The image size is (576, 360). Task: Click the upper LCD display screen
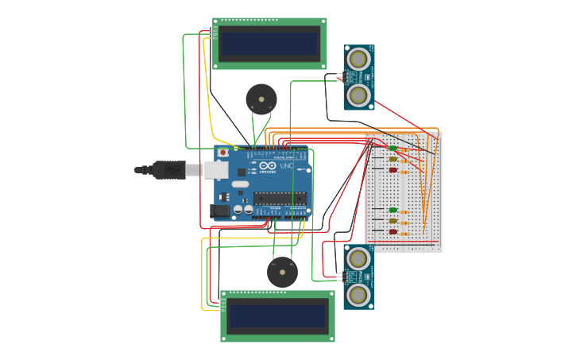pos(269,44)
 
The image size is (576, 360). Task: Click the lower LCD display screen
pos(277,317)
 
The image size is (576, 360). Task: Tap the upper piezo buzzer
pos(261,99)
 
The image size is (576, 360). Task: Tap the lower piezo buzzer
pos(282,272)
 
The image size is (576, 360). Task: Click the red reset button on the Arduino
pos(222,153)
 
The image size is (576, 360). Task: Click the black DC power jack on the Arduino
pos(220,211)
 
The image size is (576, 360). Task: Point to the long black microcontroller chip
pos(280,198)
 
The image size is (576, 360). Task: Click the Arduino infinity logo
pos(268,165)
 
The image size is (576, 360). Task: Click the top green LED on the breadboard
pos(392,148)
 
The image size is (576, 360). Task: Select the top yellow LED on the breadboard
pos(392,159)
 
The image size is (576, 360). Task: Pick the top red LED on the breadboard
pos(392,170)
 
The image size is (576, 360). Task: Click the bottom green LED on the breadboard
pos(392,210)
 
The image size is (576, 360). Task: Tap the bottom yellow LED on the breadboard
pos(392,221)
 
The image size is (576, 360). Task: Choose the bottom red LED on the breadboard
pos(392,232)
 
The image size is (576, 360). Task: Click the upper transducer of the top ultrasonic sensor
pos(359,59)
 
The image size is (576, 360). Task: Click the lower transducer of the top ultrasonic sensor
pos(359,95)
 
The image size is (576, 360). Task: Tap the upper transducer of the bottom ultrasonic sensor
pos(359,258)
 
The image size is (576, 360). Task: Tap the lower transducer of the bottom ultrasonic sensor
pos(359,295)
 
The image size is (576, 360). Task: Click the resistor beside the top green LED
pos(404,149)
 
